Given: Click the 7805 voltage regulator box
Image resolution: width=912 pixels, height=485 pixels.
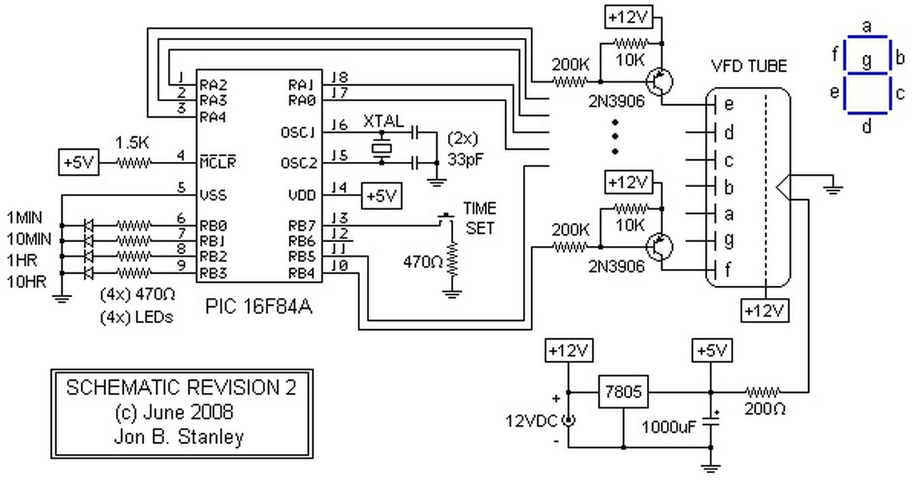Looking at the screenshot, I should click(623, 392).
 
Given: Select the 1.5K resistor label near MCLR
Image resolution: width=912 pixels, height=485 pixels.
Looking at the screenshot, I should click(134, 143).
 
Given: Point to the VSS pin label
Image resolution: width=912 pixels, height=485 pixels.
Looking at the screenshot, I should click(214, 193).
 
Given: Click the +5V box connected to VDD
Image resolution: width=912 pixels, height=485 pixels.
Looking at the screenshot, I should click(381, 193).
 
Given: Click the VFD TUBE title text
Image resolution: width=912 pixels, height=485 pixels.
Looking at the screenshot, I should click(749, 67).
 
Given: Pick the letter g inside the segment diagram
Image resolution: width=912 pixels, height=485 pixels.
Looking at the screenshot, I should click(866, 61).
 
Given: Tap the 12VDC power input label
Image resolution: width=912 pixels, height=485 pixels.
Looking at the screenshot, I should click(532, 420).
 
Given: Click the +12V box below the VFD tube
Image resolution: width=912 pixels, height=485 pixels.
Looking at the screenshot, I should click(765, 311).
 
